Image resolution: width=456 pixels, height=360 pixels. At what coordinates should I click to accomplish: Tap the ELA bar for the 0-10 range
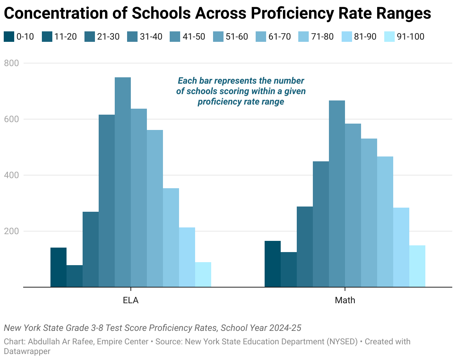tap(58, 267)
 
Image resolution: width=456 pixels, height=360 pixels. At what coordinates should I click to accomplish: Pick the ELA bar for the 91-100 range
tap(203, 274)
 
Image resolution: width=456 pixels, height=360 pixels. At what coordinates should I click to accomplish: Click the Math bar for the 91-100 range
tap(417, 266)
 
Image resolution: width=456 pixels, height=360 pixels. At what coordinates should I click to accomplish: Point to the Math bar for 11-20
tap(289, 269)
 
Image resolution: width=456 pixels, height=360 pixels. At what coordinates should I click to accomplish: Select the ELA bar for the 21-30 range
tap(90, 249)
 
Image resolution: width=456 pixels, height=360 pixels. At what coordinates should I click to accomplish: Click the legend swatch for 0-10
tap(9, 37)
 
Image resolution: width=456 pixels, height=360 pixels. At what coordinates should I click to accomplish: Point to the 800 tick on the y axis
tap(11, 63)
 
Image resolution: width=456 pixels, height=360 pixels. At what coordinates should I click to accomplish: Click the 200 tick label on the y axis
tap(11, 231)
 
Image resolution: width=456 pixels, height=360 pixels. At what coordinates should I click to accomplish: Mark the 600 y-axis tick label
tap(11, 119)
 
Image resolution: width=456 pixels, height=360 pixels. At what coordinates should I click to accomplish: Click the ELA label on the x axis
tap(130, 300)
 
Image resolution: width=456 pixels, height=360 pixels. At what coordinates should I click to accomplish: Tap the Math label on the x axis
tap(345, 300)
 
